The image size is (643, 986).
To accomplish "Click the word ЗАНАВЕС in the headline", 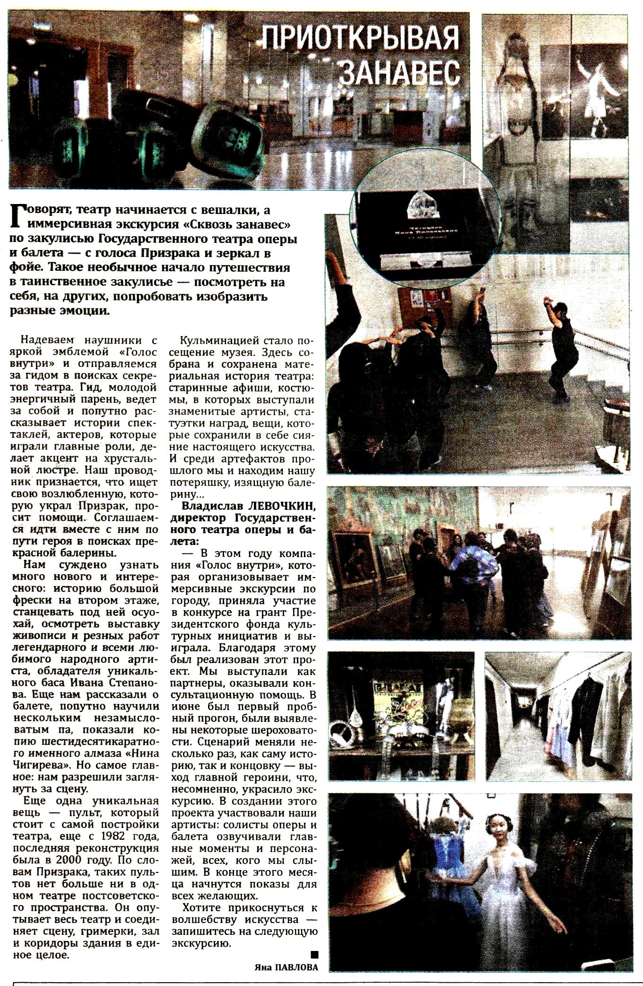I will point(400,72).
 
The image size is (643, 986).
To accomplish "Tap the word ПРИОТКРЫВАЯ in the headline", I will point(361,39).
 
